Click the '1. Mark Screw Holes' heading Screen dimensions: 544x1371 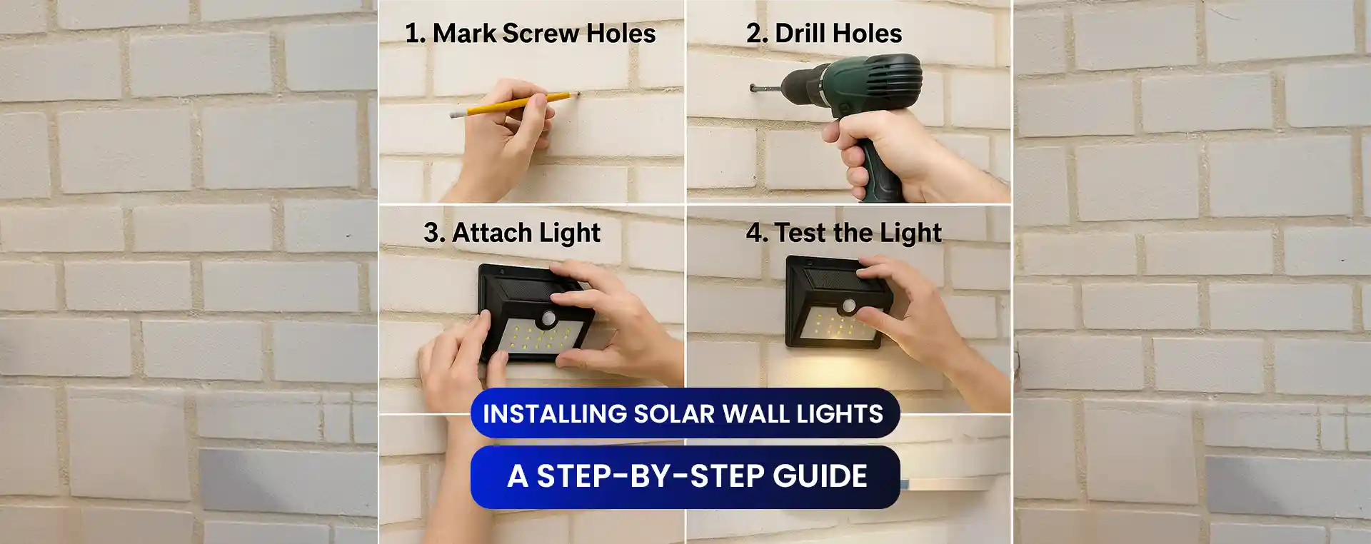[530, 34]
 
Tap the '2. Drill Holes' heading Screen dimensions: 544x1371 [824, 34]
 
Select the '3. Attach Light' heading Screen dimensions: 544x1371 [511, 233]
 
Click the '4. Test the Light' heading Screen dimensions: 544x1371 [843, 233]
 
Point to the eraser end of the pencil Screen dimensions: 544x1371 [454, 114]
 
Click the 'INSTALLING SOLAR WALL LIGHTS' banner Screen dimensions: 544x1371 [684, 413]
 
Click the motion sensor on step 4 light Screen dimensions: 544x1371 [849, 306]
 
